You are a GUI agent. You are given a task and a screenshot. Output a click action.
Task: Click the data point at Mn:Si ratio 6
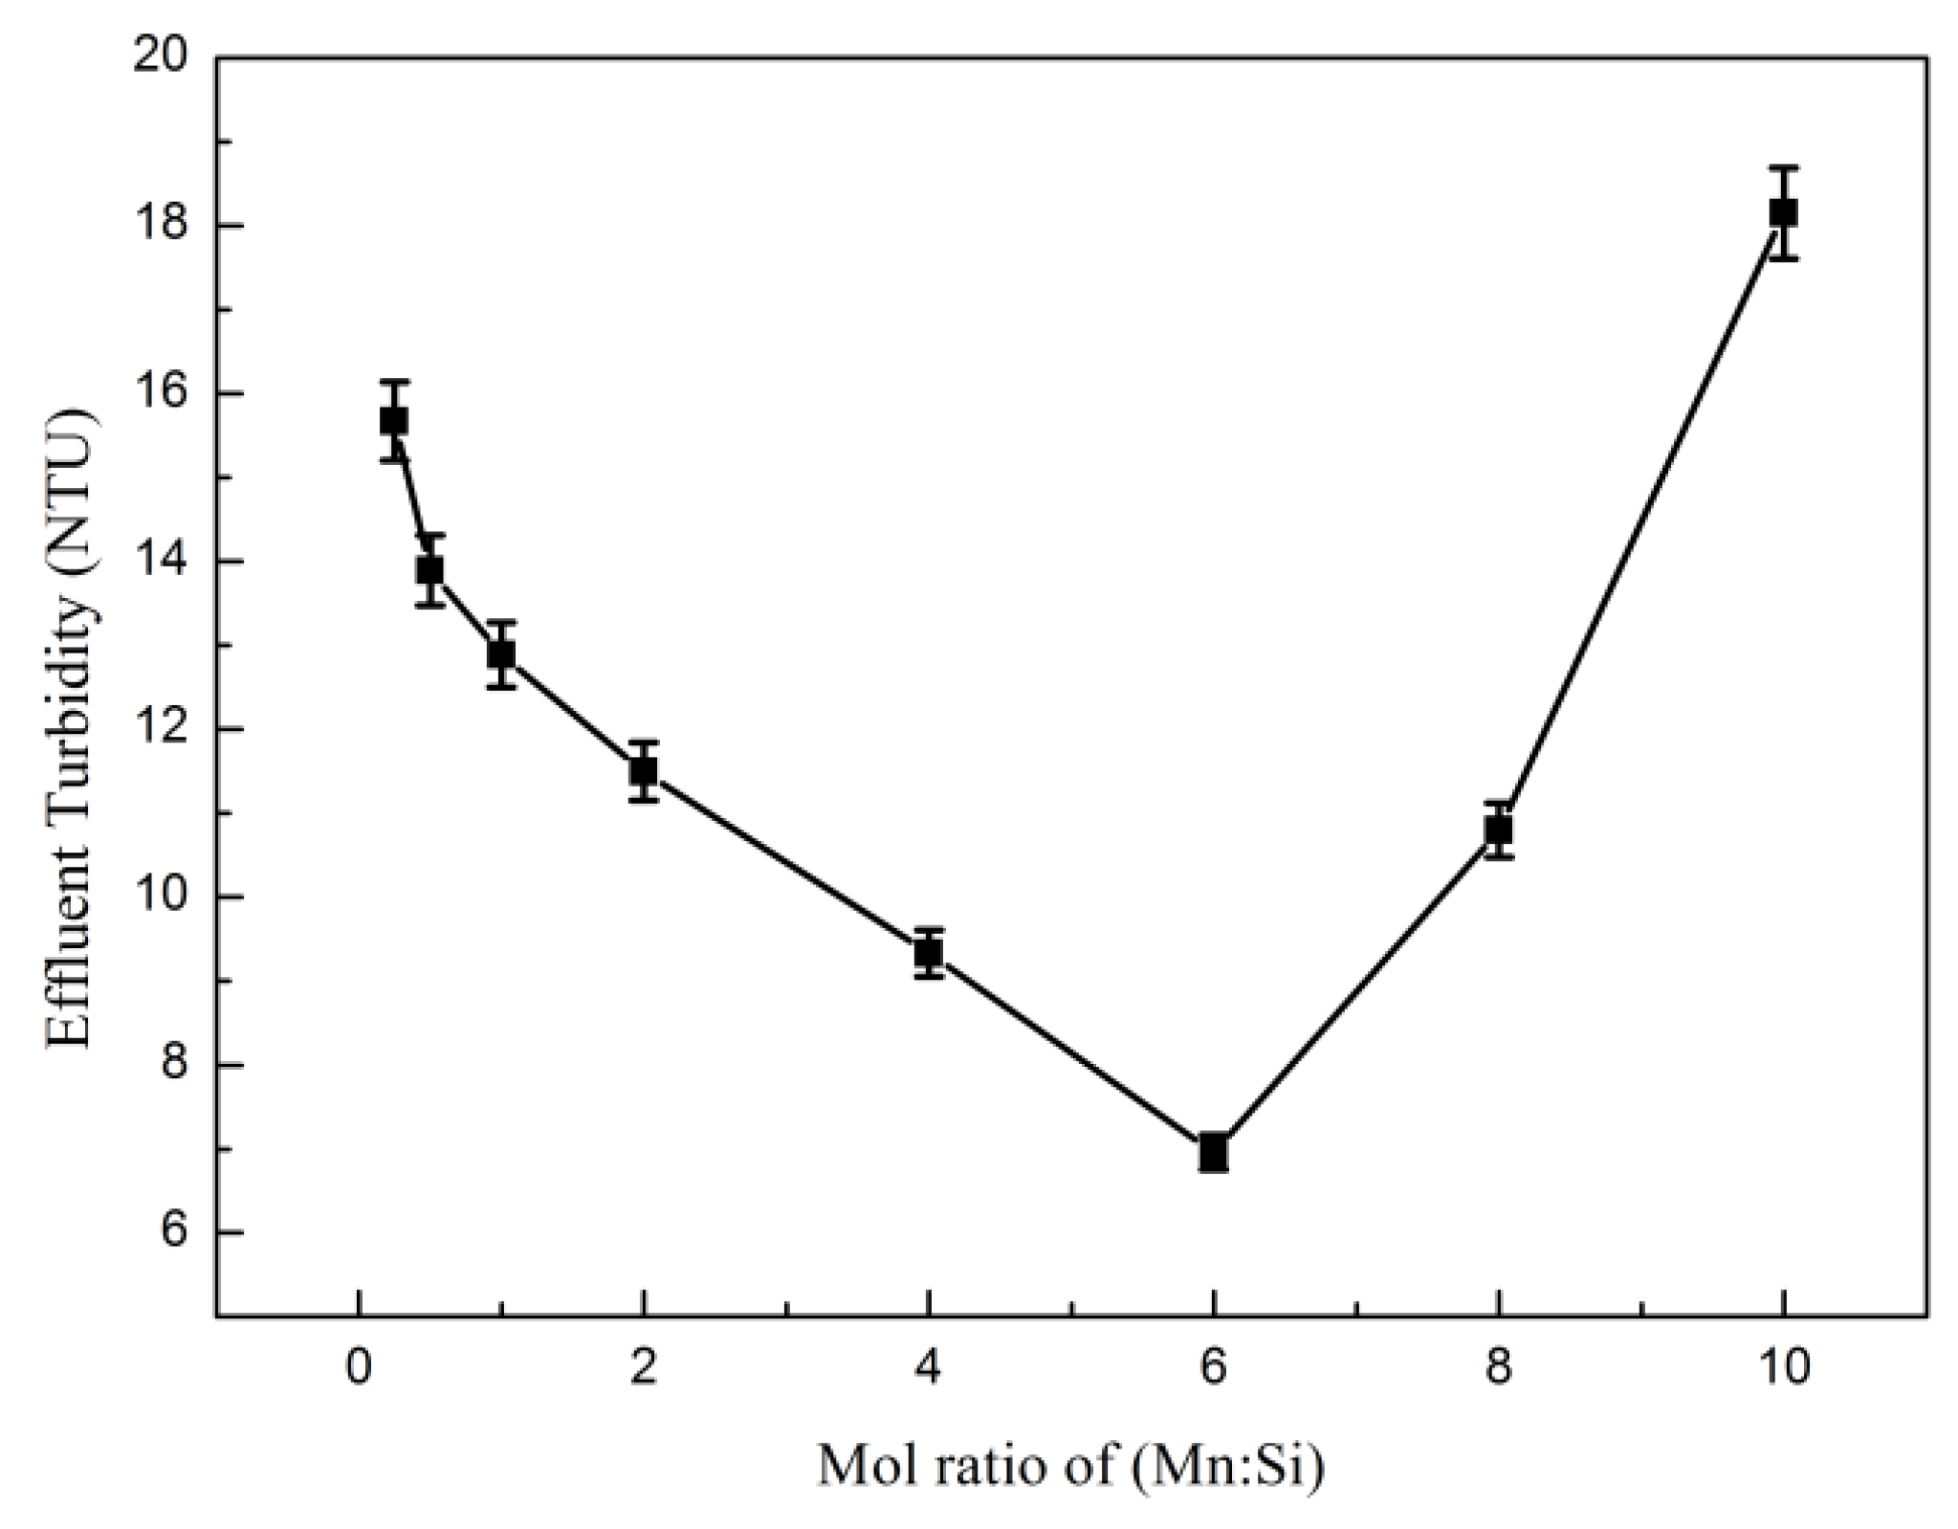point(1213,1152)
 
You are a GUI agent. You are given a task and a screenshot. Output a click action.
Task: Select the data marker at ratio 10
point(1783,212)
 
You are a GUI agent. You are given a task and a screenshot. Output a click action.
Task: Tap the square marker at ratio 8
point(1498,830)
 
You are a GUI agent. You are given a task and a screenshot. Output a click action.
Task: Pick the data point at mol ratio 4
point(928,952)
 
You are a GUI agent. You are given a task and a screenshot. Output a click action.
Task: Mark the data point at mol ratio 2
point(643,769)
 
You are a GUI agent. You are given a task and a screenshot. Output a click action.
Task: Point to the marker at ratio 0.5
point(429,570)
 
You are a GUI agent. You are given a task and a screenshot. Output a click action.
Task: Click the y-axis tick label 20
point(160,57)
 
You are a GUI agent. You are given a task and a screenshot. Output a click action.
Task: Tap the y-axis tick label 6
point(174,1232)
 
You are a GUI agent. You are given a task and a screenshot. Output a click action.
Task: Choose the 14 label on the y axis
point(160,561)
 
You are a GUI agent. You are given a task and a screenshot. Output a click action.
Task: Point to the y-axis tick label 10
point(160,897)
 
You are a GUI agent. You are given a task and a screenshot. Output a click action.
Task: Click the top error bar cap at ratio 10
point(1783,167)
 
